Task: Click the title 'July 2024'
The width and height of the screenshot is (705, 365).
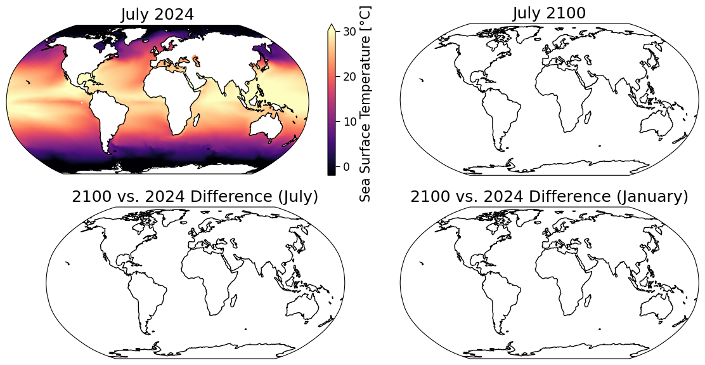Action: point(157,15)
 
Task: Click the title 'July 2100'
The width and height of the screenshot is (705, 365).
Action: point(549,13)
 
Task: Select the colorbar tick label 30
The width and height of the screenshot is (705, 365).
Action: point(349,32)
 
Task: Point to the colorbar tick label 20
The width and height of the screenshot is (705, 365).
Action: point(349,77)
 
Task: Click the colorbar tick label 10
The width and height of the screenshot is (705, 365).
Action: point(349,121)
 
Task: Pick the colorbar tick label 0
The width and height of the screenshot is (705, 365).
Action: point(346,166)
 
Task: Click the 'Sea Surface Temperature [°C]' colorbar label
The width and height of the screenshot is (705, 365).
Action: point(366,103)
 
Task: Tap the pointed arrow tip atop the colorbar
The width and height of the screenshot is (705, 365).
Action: point(332,24)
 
